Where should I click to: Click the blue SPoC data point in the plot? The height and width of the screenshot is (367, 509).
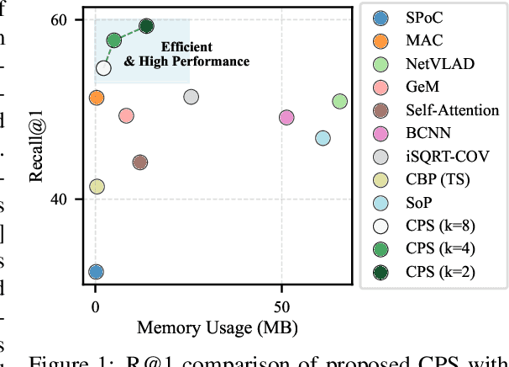coord(96,272)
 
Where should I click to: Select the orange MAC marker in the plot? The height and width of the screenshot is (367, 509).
coord(97,98)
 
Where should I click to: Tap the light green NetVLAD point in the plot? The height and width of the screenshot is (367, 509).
coord(339,101)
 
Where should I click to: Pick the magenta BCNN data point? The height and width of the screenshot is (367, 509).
coord(286,118)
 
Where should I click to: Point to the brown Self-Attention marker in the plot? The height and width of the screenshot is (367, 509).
coord(140,162)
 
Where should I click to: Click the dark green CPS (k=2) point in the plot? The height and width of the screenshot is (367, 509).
coord(146,26)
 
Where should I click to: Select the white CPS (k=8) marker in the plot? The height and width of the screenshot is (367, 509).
coord(103,68)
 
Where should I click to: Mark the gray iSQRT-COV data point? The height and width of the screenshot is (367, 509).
coord(191,97)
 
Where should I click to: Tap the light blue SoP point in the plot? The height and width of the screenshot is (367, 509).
coord(323,138)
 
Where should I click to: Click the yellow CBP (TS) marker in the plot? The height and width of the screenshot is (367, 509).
coord(97,187)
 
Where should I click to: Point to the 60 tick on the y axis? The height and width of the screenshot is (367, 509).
coord(67,19)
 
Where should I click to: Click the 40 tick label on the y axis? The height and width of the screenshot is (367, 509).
coord(67,199)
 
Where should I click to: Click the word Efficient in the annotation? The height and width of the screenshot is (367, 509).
coord(186,46)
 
